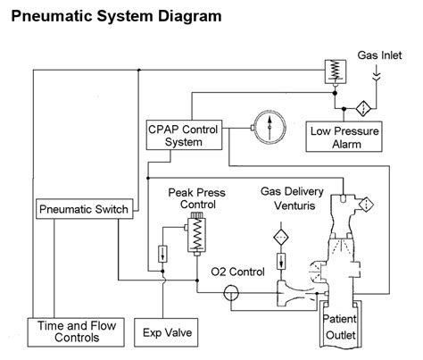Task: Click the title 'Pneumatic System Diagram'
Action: click(x=117, y=17)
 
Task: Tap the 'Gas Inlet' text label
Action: click(x=380, y=55)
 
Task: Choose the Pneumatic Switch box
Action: click(x=85, y=209)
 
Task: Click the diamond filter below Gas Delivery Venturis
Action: click(x=279, y=239)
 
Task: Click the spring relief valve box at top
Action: click(x=335, y=67)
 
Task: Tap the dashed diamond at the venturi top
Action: click(x=363, y=205)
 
